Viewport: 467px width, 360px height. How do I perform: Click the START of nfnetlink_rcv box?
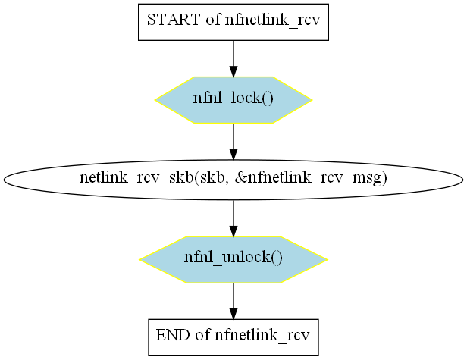[x=233, y=22]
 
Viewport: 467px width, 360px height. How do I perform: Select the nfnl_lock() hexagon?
[x=233, y=100]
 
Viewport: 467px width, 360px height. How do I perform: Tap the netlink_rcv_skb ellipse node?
[x=233, y=180]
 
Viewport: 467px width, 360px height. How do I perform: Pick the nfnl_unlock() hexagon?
[x=233, y=260]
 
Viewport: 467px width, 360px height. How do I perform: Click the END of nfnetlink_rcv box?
[x=233, y=337]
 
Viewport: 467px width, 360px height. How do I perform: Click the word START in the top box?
[x=174, y=20]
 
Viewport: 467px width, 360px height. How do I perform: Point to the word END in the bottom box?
[x=173, y=335]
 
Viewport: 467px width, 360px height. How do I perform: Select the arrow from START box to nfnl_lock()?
[x=233, y=58]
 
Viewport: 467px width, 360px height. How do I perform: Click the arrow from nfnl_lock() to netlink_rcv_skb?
[x=233, y=141]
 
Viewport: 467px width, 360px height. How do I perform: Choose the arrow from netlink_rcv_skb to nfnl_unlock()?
[x=233, y=218]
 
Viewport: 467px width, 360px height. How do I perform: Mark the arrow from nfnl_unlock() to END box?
[x=233, y=301]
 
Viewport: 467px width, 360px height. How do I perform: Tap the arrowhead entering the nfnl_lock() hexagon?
[x=233, y=71]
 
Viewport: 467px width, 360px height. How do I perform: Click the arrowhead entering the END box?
[x=233, y=314]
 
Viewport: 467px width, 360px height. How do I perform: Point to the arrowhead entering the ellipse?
[x=233, y=155]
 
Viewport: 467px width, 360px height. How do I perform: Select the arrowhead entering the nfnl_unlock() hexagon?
[x=233, y=231]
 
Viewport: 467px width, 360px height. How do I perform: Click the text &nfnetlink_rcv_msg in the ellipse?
[x=311, y=178]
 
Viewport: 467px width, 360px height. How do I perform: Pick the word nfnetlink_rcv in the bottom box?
[x=262, y=336]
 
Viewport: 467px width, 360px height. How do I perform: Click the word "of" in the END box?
[x=202, y=335]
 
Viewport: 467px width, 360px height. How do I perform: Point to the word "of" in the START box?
[x=212, y=20]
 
